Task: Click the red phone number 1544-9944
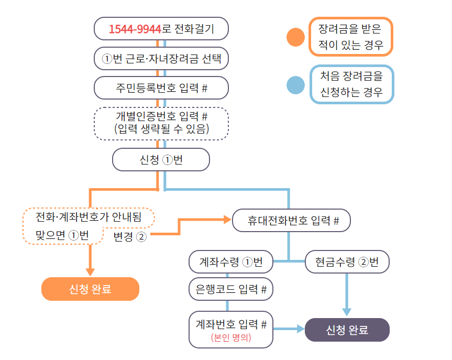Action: pyautogui.click(x=135, y=29)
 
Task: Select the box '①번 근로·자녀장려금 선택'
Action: pyautogui.click(x=161, y=59)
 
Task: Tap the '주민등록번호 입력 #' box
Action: pyautogui.click(x=161, y=88)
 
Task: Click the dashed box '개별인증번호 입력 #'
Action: pyautogui.click(x=161, y=123)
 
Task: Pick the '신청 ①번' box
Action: pyautogui.click(x=161, y=160)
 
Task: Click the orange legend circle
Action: pyautogui.click(x=296, y=38)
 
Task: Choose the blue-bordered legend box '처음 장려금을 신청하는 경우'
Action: pyautogui.click(x=351, y=84)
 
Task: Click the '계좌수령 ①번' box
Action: pyautogui.click(x=231, y=262)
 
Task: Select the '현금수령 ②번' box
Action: pyautogui.click(x=347, y=262)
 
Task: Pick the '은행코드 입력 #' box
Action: pyautogui.click(x=231, y=288)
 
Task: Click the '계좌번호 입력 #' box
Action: pyautogui.click(x=231, y=324)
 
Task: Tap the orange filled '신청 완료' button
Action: pyautogui.click(x=90, y=289)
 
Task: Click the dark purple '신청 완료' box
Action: pyautogui.click(x=347, y=330)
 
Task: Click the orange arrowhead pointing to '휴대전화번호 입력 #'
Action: pyautogui.click(x=228, y=221)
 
